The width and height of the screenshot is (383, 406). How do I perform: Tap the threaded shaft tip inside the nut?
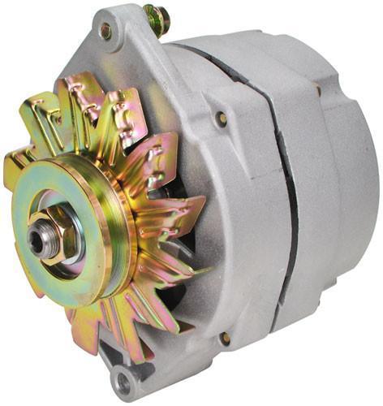pos(38,240)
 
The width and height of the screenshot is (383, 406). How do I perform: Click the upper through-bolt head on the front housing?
pos(221,119)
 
